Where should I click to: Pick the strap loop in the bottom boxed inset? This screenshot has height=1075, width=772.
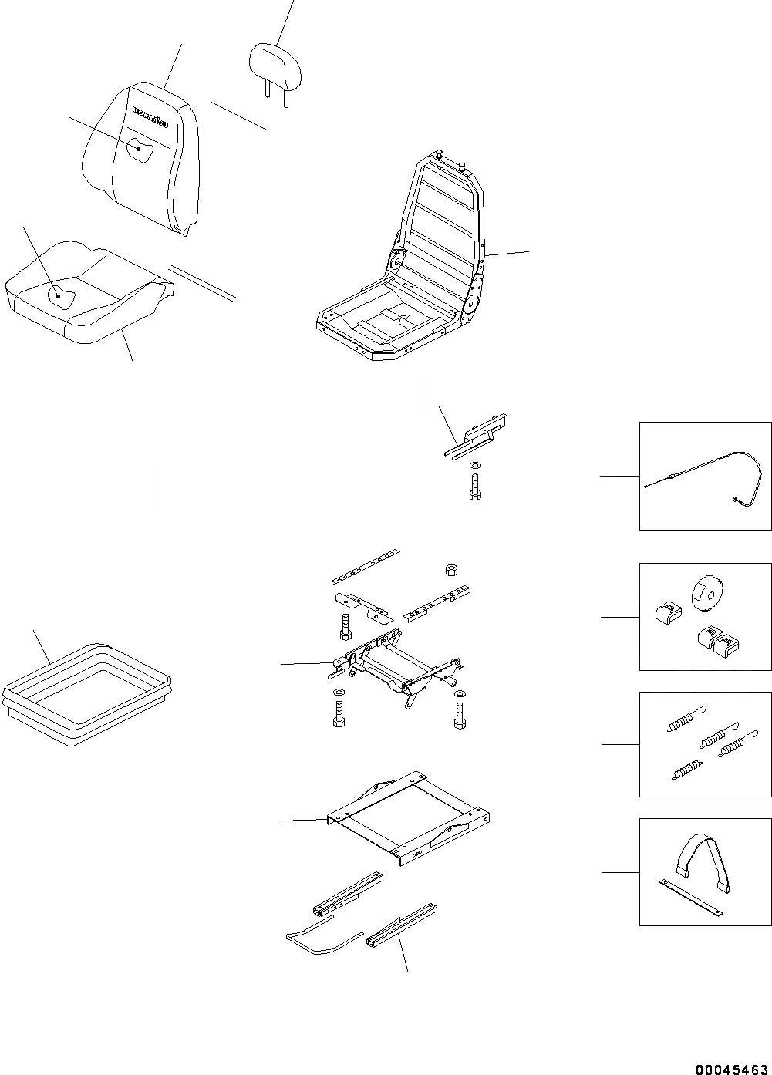pos(704,860)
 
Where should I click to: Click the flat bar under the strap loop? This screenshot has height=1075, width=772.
pos(692,900)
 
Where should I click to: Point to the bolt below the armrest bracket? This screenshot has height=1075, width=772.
pos(476,488)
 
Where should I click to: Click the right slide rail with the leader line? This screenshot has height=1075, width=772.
pos(403,925)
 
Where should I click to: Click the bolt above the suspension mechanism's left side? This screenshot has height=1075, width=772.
pos(344,625)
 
